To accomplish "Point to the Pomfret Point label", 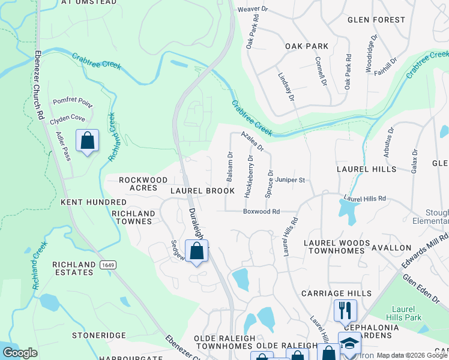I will (x=73, y=103).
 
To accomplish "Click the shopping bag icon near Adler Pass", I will (x=88, y=142).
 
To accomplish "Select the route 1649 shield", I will (x=108, y=265).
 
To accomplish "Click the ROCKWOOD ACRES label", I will (x=143, y=184).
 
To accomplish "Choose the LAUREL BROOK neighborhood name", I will (x=202, y=191).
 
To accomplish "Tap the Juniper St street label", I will (x=291, y=179).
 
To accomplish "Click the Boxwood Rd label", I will (x=261, y=211).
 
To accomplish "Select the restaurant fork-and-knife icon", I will (x=345, y=310).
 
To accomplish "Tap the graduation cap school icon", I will (x=349, y=343).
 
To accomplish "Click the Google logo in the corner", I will (x=20, y=353).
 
